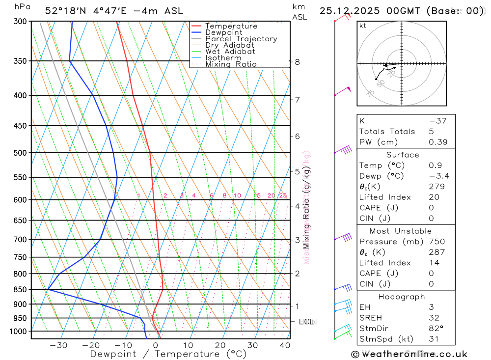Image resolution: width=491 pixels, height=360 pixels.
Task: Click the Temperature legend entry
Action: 231,26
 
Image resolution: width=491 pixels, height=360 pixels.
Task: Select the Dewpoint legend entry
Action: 223,32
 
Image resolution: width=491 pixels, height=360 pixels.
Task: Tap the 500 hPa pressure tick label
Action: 20,153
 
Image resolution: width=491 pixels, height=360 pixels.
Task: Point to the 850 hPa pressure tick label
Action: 20,290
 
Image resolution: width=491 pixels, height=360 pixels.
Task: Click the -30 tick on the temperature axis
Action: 58,345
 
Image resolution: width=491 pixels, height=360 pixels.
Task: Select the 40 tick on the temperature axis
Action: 285,345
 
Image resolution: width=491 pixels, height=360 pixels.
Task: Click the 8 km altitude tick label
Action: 297,62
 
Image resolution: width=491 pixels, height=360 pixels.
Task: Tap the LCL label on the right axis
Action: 306,322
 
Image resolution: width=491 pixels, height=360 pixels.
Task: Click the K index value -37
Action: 437,121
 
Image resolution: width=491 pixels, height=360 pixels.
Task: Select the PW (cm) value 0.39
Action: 438,142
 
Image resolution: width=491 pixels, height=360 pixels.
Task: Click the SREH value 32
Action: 434,318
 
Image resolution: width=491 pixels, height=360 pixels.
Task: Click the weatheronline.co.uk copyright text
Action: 409,354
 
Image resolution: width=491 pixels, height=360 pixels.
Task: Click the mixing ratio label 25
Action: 283,195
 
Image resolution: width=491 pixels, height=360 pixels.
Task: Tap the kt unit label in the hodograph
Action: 362,26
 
